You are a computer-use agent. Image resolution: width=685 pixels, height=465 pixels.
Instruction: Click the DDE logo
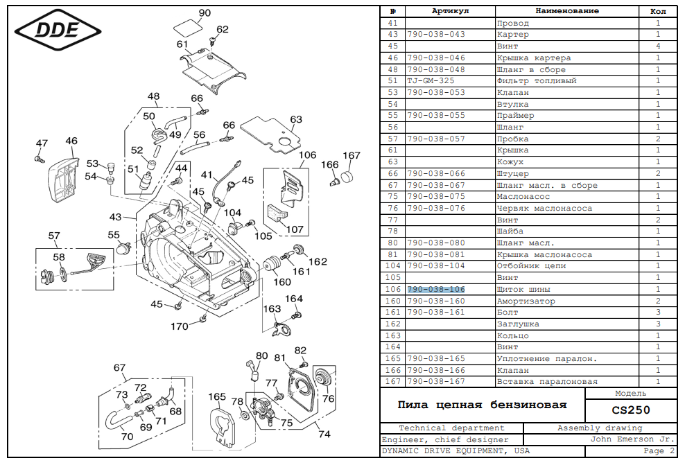(58, 29)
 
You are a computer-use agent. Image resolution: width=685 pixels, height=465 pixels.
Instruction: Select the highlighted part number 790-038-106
(435, 289)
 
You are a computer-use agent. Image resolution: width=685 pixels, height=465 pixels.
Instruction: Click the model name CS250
(630, 410)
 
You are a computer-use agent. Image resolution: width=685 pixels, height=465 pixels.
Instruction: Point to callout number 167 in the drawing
(352, 155)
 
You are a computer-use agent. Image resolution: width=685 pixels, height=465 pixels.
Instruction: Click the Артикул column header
(450, 11)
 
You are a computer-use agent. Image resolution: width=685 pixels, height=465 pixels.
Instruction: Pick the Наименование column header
(566, 11)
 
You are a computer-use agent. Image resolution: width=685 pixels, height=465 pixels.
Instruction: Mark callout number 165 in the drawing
(218, 397)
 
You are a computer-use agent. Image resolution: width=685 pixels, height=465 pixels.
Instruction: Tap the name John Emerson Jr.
(632, 439)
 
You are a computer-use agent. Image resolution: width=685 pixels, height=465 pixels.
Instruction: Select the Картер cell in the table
(513, 35)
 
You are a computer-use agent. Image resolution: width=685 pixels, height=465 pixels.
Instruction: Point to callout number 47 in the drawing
(42, 143)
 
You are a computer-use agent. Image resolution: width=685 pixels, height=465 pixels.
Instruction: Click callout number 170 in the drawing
(180, 326)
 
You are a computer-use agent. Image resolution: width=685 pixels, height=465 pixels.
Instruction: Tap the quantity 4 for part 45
(657, 46)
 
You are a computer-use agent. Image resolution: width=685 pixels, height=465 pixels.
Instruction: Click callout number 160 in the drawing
(282, 282)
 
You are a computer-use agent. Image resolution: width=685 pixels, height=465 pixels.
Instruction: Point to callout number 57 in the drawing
(54, 236)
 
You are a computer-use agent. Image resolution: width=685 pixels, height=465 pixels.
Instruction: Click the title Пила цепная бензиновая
(482, 405)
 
